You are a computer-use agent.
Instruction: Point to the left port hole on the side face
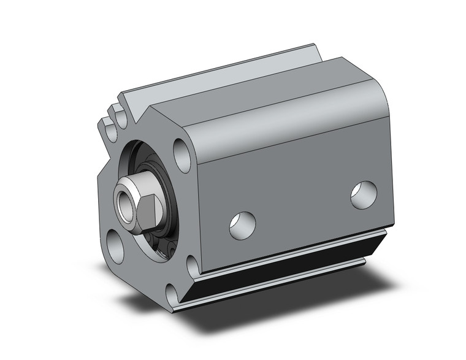(x=242, y=225)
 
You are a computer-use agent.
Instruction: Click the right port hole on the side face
(x=364, y=194)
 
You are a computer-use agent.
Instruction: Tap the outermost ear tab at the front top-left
(x=107, y=130)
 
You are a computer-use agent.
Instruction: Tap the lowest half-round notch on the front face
(x=192, y=265)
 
